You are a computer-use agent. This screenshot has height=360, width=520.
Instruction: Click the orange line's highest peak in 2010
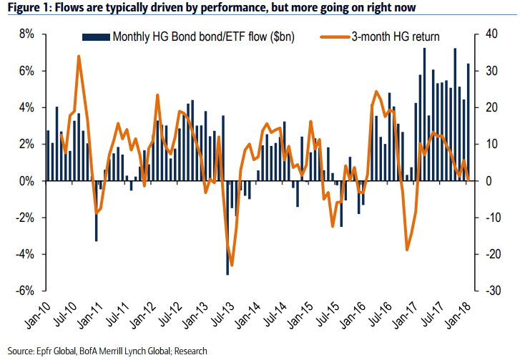click(x=79, y=57)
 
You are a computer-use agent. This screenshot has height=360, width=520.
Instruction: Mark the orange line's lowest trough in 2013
click(x=231, y=265)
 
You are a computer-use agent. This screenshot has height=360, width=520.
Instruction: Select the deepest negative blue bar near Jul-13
click(x=227, y=274)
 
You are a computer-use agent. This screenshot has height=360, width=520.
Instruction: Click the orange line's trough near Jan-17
click(x=408, y=249)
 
